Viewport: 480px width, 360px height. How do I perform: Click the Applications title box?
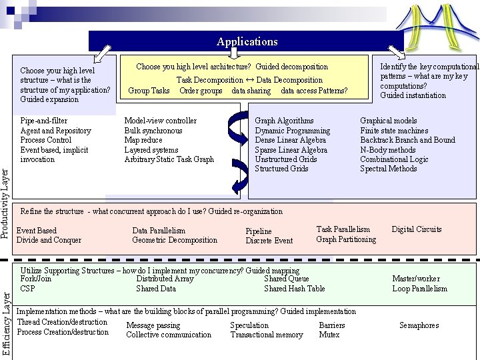247,41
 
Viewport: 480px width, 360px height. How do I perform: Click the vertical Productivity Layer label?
5,204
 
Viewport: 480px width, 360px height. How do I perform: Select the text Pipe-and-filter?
43,121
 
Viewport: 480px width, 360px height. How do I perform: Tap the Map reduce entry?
143,140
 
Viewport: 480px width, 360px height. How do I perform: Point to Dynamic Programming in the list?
292,131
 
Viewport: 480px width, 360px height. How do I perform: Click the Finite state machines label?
394,131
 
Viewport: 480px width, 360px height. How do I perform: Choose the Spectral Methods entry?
388,169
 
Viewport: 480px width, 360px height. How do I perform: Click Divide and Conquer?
49,240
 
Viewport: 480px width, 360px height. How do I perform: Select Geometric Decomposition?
175,240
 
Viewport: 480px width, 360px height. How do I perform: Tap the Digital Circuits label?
417,229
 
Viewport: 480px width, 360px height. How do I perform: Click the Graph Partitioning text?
346,239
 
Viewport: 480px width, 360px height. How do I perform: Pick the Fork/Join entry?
36,279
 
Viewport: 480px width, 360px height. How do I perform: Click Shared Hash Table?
295,289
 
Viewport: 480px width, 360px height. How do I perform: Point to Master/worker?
416,279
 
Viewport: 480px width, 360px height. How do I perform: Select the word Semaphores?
419,325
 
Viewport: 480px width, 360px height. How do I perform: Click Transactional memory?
266,335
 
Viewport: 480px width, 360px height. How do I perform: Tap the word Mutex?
329,335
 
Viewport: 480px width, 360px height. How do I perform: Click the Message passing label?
153,325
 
